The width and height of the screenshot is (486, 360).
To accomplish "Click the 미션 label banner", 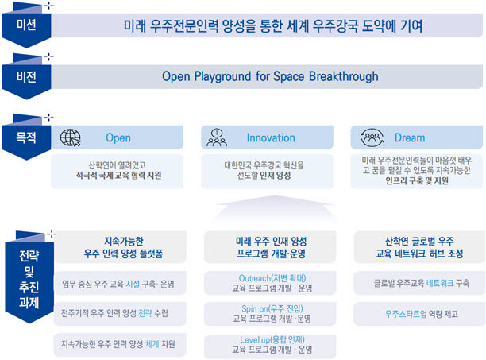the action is pos(27,25).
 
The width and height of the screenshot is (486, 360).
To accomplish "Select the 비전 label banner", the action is pos(27,77).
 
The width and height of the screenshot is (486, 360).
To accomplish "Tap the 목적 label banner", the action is pos(27,137).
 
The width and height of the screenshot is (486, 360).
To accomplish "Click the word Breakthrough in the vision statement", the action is pos(343,76).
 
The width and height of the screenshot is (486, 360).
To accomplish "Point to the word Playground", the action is pos(222,76).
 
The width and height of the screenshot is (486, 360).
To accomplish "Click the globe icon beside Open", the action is pos(71,137).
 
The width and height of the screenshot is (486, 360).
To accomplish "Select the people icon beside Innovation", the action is pos(217,137).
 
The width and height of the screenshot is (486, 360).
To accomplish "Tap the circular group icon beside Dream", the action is pos(372,137).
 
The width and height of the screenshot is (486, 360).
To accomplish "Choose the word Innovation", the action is pos(271,137).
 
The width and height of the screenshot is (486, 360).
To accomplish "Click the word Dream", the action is pos(410,137).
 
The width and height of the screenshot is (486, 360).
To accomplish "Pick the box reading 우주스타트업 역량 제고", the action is pos(419,314).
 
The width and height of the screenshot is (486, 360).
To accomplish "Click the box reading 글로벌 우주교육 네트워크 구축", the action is pos(419,283).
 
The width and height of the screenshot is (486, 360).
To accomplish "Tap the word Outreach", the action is pos(255,278).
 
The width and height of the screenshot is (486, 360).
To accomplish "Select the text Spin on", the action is pos(255,309).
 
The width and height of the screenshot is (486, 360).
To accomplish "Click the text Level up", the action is pos(255,340).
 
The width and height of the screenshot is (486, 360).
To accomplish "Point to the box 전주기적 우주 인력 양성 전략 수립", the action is pos(120,313).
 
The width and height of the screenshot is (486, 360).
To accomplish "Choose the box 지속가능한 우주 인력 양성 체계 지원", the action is pos(120,344).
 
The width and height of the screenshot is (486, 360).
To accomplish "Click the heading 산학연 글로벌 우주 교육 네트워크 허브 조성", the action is pos(419,247).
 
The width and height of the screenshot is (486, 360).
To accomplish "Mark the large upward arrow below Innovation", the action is pos(276,207).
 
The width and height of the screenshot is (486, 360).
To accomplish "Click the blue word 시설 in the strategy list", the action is pos(133,284).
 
